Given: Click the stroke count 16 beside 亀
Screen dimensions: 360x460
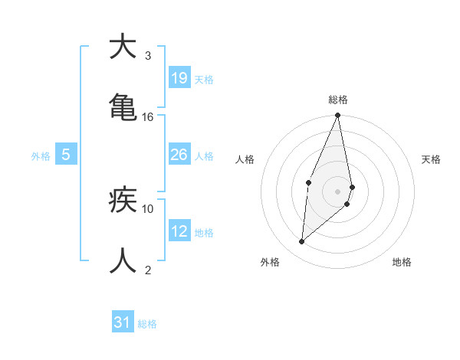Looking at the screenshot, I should tap(148, 117).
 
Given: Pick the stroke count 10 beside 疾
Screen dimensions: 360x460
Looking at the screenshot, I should tap(148, 208).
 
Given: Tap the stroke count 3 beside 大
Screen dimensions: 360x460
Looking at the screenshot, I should tap(148, 56).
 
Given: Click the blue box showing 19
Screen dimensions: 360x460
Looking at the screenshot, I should tap(179, 78).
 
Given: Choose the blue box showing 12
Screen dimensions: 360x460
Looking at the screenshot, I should tap(179, 231).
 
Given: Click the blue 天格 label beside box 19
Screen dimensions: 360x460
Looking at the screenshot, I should tap(204, 79).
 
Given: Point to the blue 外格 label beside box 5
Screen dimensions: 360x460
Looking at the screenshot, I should tap(41, 156).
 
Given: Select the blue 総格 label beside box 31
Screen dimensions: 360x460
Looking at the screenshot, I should tap(147, 324).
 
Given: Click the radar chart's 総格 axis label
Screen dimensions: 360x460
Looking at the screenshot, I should tap(338, 100).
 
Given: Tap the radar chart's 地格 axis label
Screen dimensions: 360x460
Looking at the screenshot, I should tap(402, 262).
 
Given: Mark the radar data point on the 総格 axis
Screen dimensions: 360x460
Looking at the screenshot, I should tap(338, 116).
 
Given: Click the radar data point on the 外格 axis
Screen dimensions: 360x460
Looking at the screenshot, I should tap(302, 242).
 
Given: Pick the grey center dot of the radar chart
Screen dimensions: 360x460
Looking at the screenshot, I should tap(338, 191).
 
